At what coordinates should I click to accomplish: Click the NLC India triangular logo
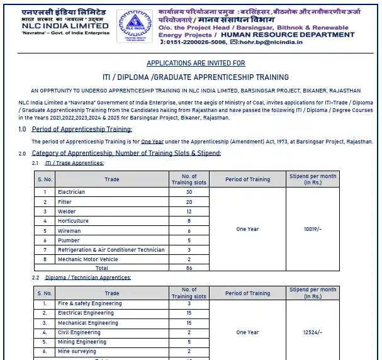pos(135,26)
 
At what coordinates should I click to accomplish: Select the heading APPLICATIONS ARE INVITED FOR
pos(196,64)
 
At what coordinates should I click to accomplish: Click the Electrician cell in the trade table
pos(71,192)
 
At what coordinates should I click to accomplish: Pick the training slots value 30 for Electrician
pos(189,192)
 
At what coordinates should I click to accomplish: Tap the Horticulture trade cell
pos(73,221)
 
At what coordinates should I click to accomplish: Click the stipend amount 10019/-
pos(313,229)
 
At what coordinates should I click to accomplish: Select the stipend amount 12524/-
pos(313,332)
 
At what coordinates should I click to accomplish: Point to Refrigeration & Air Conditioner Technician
pos(111,250)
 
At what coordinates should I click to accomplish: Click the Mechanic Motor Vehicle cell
pos(87,259)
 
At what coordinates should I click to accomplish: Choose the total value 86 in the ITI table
pos(189,268)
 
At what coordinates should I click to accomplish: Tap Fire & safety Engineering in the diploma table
pos(89,303)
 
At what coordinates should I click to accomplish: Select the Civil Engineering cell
pos(79,332)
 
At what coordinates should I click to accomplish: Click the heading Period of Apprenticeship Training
pos(82,129)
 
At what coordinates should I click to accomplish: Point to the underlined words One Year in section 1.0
pos(153,142)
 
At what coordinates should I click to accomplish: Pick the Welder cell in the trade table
pos(67,211)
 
